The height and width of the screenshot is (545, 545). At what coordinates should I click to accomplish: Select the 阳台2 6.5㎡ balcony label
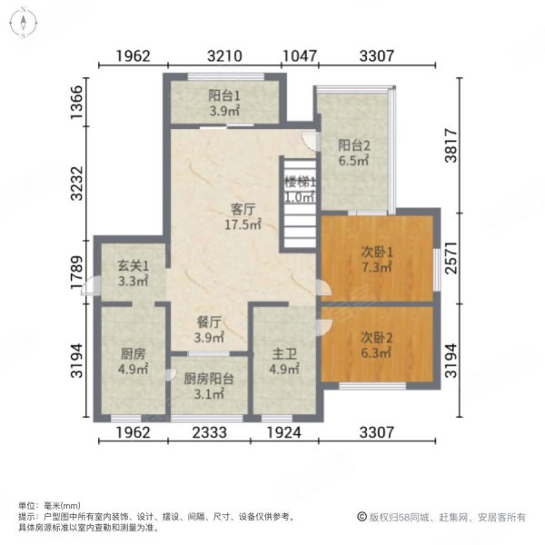[x=353, y=152]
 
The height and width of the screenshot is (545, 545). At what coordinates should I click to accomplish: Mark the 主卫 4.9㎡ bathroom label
[x=283, y=361]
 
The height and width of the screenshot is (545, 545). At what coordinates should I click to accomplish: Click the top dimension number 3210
[x=223, y=56]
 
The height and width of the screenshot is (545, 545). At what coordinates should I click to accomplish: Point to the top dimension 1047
[x=299, y=56]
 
